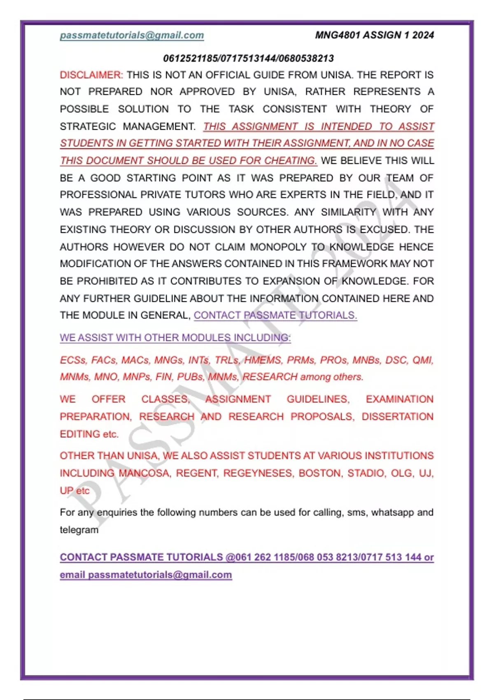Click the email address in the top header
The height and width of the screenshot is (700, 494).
[132, 35]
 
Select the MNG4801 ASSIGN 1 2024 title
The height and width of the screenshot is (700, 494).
[374, 35]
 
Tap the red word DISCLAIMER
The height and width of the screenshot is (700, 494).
[91, 75]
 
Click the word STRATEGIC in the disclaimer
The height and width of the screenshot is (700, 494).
[88, 126]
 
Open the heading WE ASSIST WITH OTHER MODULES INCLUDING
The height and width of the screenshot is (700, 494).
[175, 338]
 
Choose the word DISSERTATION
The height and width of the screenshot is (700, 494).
[397, 417]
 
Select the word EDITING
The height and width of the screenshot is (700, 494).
[80, 434]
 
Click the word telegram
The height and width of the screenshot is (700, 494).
[79, 530]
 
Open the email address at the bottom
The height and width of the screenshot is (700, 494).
[160, 575]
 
